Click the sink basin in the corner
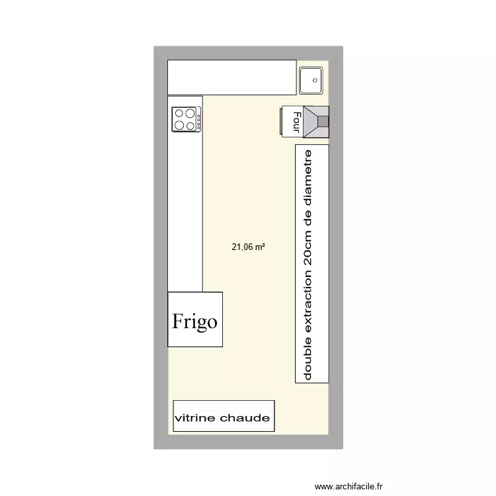[310, 81]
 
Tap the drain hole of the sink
[315, 81]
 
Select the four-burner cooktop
[185, 119]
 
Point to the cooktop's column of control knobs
[198, 119]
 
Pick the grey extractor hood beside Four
[316, 122]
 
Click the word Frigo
[194, 321]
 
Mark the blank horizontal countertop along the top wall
[231, 77]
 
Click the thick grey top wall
[248, 53]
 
